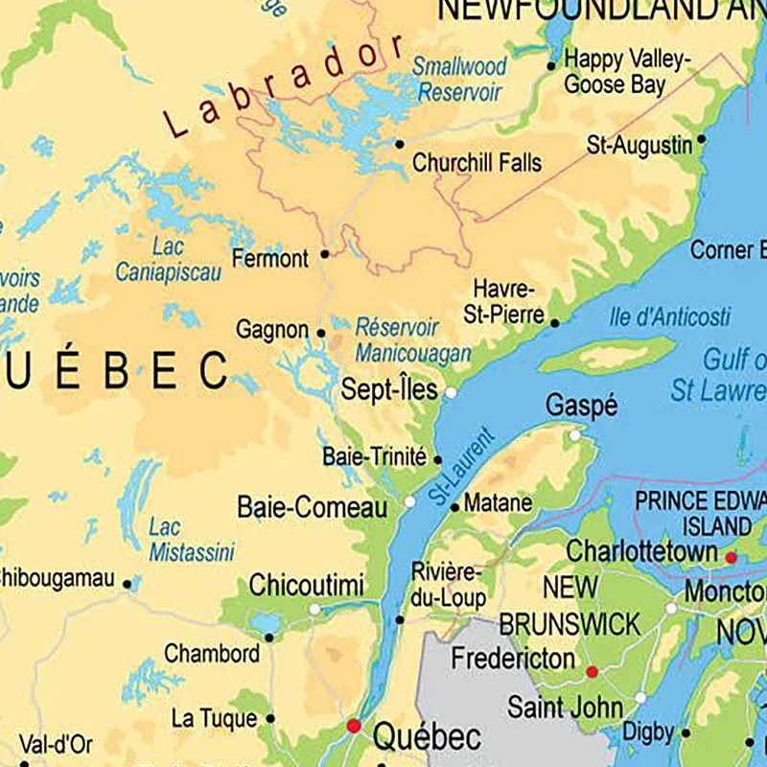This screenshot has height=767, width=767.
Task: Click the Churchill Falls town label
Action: (x=476, y=163)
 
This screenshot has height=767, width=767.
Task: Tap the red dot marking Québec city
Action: (x=354, y=726)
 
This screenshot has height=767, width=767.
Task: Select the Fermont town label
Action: (x=270, y=258)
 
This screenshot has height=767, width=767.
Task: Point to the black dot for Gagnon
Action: (x=321, y=334)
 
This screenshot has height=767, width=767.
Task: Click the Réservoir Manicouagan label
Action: (x=413, y=340)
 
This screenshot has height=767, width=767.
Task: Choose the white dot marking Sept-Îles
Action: (x=450, y=392)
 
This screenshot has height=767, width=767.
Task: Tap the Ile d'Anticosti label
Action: (x=669, y=316)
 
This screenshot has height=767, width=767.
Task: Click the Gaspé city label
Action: (x=581, y=407)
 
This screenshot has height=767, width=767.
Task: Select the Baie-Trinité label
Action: (x=374, y=457)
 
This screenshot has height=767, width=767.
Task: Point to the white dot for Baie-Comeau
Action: (x=410, y=501)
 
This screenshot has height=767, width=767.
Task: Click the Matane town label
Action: (x=498, y=502)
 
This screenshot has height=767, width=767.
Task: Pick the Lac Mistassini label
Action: (x=191, y=540)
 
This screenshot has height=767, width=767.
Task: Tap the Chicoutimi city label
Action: (x=306, y=585)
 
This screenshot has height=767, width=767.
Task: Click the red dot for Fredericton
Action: (x=592, y=672)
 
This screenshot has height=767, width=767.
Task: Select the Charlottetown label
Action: (x=641, y=552)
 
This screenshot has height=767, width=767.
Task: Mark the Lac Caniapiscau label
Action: (x=168, y=260)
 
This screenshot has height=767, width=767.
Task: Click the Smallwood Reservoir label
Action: (x=459, y=80)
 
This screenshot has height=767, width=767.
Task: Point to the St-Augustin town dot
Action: (x=701, y=139)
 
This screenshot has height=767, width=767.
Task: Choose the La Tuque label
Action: (x=214, y=718)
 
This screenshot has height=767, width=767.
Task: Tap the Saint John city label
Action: (x=565, y=709)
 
